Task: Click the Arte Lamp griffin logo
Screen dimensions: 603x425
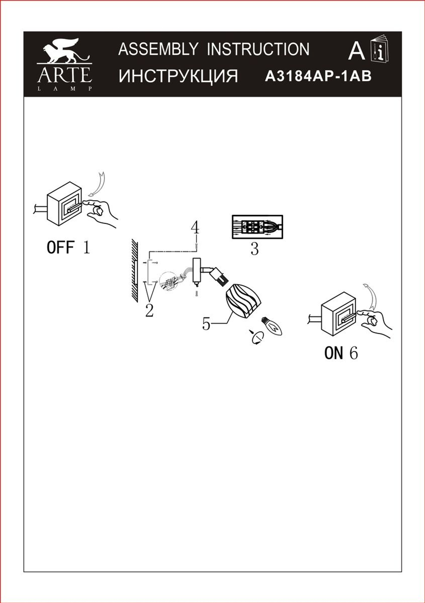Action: (x=64, y=64)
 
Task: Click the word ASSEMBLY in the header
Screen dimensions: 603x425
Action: (x=158, y=49)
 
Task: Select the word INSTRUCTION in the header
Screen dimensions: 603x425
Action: (x=258, y=49)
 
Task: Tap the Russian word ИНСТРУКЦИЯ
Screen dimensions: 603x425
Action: (x=178, y=76)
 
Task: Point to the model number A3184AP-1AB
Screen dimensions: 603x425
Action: (x=318, y=76)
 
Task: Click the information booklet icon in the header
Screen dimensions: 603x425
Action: (x=380, y=49)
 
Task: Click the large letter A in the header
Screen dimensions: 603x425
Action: (x=356, y=51)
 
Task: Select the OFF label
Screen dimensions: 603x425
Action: (x=60, y=247)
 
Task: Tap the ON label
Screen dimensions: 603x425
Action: (x=333, y=353)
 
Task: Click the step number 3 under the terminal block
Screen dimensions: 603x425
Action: (x=254, y=249)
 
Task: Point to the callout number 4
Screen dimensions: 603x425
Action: (x=195, y=228)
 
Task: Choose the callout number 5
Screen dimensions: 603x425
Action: (x=206, y=324)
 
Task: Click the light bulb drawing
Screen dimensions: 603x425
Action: (x=272, y=326)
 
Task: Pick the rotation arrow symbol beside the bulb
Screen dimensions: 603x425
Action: (x=257, y=337)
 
